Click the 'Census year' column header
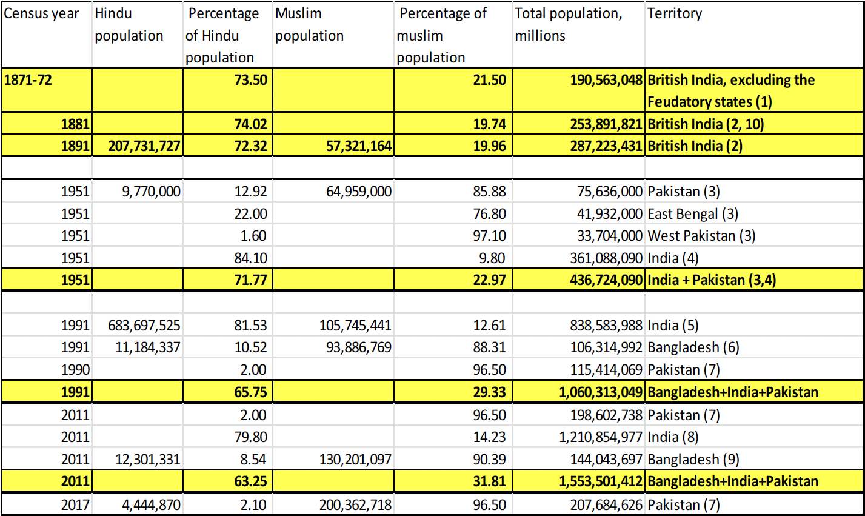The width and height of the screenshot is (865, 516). coord(41,13)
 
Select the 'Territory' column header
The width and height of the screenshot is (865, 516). coord(675,13)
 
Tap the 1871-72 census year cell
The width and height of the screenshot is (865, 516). coord(28,80)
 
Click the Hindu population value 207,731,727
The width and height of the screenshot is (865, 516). coord(144,146)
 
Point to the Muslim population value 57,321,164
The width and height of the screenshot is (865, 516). coord(359,146)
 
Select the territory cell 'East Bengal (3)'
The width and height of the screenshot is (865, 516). coord(693,214)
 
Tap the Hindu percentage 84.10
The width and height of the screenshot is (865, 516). coord(250,258)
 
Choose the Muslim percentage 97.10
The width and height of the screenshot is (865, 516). coord(489,236)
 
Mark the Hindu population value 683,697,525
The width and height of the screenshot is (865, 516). coord(144,326)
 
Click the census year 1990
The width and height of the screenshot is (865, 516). coord(75,370)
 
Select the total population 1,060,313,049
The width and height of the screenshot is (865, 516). coord(600,392)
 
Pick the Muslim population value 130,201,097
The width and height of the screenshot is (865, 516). coord(355,460)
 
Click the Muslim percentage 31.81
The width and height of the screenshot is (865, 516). coord(489,481)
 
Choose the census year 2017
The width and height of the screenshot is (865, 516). coord(75,504)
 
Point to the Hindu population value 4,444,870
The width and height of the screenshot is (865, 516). coord(151,504)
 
